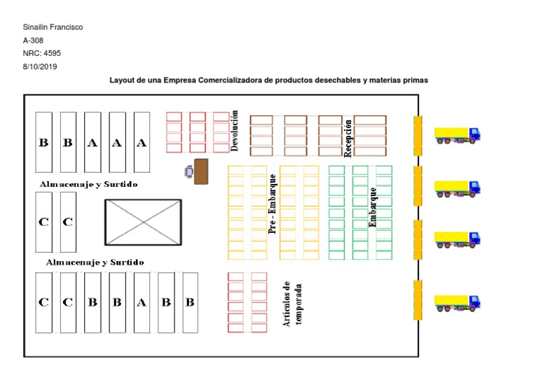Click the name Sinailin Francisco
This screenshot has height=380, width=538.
pos(53,27)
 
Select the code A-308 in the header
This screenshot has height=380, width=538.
pos(34,41)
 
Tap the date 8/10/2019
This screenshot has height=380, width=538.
pos(41,67)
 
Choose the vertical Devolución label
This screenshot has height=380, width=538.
pos(235,130)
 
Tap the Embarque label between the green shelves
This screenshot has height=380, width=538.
pos(373,206)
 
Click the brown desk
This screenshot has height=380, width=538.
pos(201,171)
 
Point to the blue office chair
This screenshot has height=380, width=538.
pos(188,171)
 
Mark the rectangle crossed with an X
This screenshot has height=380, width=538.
pos(143,222)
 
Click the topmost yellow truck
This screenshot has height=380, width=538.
pos(457,134)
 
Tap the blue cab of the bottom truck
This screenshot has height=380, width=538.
pos(474,302)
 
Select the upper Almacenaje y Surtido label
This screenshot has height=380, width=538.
pos(89,184)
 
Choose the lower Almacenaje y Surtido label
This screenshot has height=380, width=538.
pos(95,262)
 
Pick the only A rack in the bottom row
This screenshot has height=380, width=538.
pos(142,303)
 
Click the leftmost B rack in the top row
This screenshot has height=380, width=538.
pos(43,143)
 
